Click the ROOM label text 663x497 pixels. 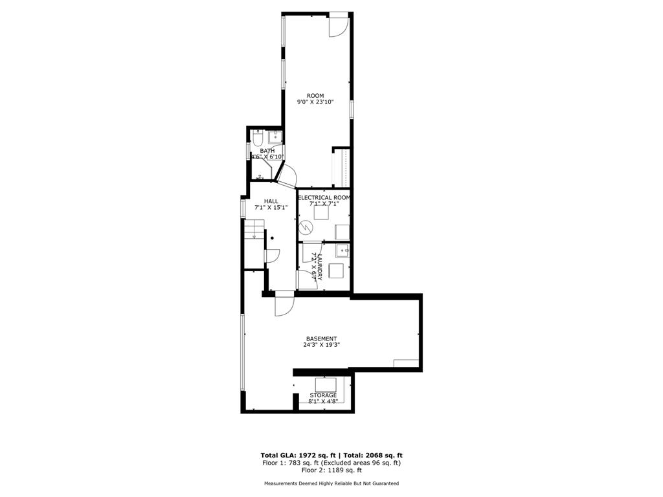coord(315,96)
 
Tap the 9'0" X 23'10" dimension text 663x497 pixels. coord(315,102)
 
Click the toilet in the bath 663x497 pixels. coord(258,138)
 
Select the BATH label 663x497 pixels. coord(267,151)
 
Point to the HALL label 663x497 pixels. coord(271,201)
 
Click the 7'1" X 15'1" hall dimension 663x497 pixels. coord(271,208)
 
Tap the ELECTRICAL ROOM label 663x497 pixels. coord(324,198)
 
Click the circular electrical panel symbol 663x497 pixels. coord(304,228)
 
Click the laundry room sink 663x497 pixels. coord(343,250)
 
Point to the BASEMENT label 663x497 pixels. coord(321,338)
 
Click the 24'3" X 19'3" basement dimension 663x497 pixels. coord(321,344)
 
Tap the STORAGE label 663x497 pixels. coord(323,395)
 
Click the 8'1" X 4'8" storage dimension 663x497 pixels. coord(323,401)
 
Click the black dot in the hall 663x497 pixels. coord(273,238)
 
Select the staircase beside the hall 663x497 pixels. coord(254,244)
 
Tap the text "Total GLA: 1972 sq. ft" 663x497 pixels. coord(298,455)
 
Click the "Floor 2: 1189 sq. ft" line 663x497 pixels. coord(331,470)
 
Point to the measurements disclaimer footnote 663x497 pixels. coord(331,483)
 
